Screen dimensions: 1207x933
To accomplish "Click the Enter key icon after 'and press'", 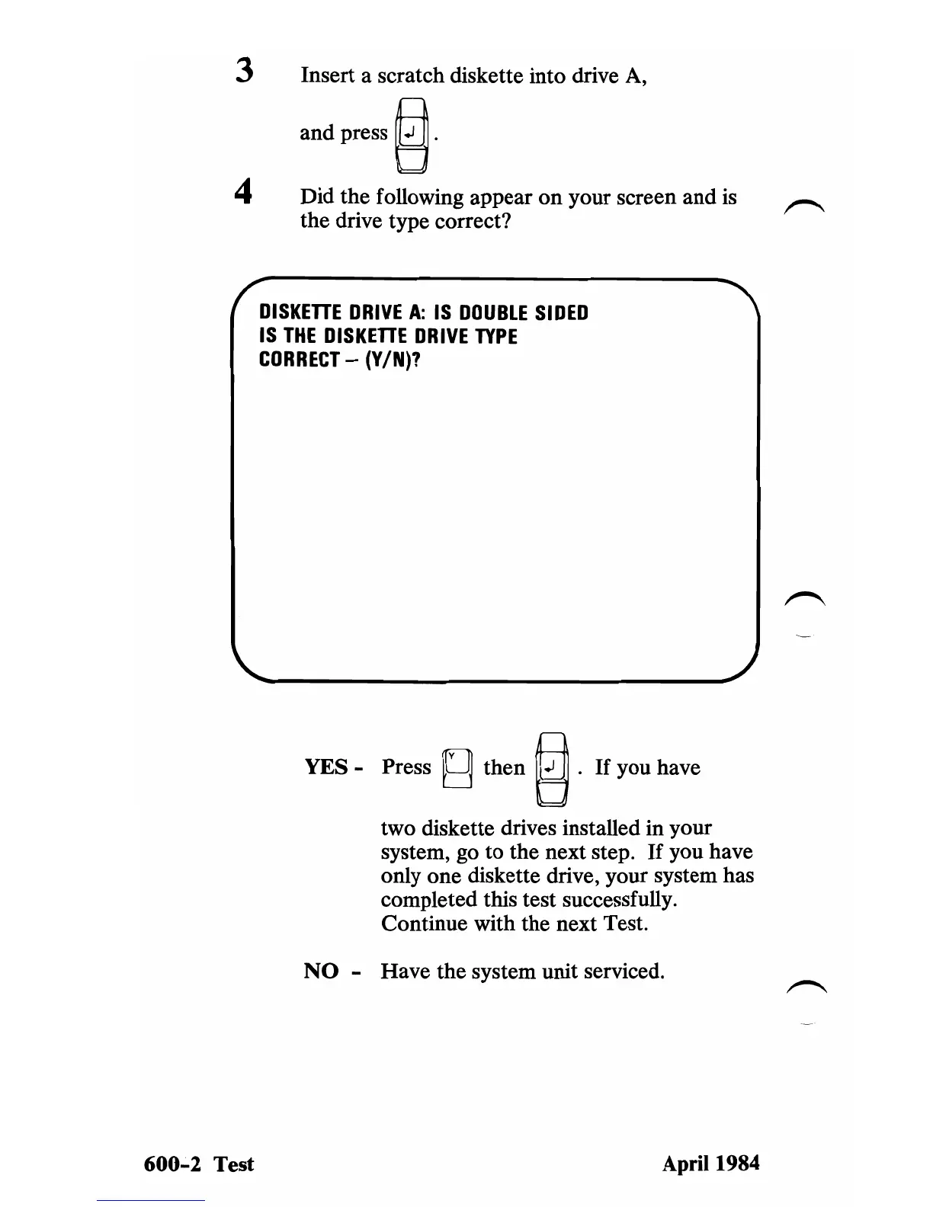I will pos(411,136).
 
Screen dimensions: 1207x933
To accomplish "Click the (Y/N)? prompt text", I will pos(394,360).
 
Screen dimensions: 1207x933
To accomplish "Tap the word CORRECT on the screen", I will pos(299,360).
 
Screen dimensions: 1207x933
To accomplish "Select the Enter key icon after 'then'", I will pos(553,768).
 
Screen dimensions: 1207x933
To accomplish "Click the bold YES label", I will pos(327,767).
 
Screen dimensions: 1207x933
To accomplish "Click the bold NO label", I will pos(321,971).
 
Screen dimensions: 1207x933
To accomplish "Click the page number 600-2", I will pos(172,1164).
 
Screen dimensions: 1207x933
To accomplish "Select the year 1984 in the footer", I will pos(734,1163).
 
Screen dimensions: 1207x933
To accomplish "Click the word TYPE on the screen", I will pos(496,337).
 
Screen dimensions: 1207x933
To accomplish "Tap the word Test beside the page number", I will pos(233,1164).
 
